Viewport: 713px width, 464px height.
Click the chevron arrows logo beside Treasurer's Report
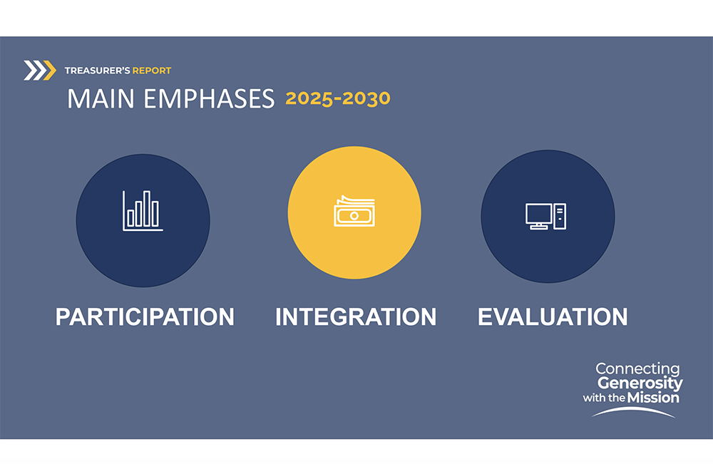(x=39, y=71)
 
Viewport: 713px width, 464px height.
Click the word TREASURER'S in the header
(x=97, y=71)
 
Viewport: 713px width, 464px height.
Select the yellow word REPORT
(x=152, y=71)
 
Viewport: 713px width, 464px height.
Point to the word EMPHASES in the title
(x=209, y=98)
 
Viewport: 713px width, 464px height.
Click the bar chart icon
(x=143, y=211)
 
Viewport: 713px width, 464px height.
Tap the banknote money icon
(x=354, y=211)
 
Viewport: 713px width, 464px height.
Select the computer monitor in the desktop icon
(x=539, y=217)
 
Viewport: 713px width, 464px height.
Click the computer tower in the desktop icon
(x=560, y=217)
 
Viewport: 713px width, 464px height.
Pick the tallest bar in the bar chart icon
(x=147, y=208)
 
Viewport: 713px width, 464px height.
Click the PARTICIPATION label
(x=145, y=316)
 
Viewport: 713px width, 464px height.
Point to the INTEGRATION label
(x=356, y=316)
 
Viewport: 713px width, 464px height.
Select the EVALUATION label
(x=553, y=316)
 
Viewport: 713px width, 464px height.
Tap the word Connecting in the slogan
(x=637, y=368)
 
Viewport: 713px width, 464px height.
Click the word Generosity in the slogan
(x=640, y=383)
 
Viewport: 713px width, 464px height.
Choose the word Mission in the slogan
(x=653, y=398)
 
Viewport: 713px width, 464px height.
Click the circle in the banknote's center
(x=354, y=216)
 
